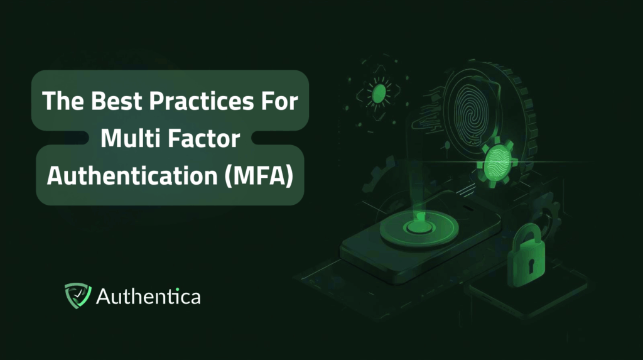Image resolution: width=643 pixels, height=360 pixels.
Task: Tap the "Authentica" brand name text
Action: tap(148, 296)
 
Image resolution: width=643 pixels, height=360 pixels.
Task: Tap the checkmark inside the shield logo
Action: tap(77, 293)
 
